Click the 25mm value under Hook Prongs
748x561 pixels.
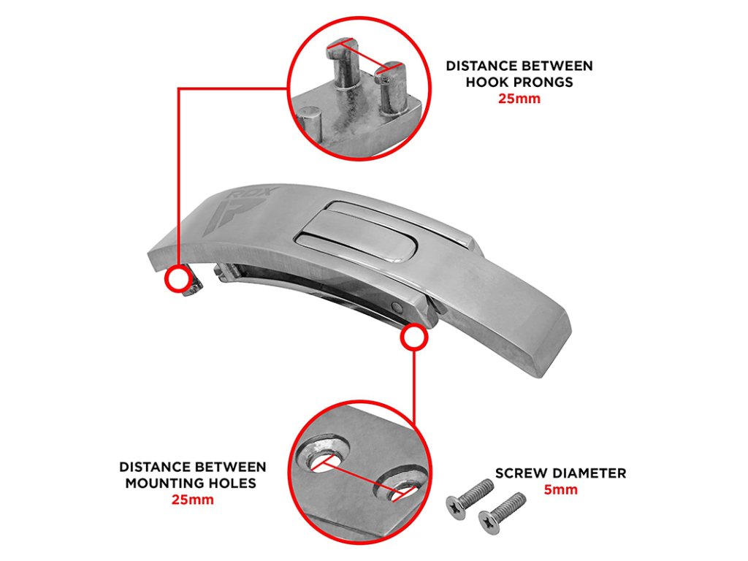tap(519, 98)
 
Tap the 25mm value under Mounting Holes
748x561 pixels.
tap(192, 500)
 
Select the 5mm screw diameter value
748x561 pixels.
tap(560, 489)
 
